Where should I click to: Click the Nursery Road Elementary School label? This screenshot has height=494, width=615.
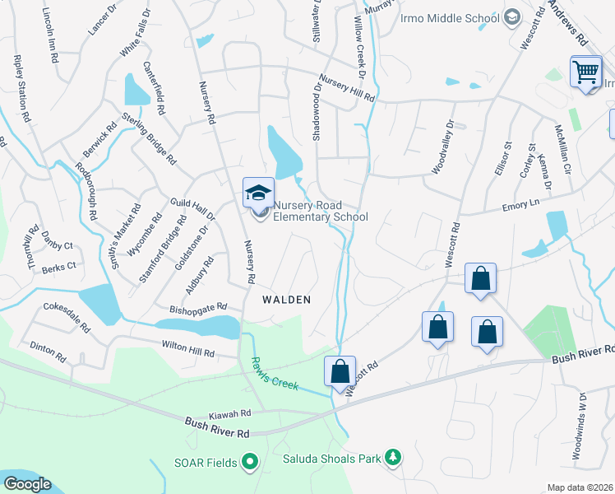coord(320,211)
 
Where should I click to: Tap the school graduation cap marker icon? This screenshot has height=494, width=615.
coord(258,193)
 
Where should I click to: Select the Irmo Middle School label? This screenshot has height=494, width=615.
coord(449,18)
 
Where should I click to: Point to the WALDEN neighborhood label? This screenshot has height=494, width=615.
coord(286,300)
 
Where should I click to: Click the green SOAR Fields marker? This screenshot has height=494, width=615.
coord(251,463)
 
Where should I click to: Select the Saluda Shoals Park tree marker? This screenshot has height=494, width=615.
coord(393,457)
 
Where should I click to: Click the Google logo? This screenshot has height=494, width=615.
coord(27,484)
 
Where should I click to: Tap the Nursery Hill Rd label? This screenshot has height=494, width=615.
coord(346,88)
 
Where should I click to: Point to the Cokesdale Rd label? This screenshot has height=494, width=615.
coord(66,317)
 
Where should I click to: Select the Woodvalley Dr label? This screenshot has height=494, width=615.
coord(442,148)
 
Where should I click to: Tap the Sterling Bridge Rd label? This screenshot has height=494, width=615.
coord(149,138)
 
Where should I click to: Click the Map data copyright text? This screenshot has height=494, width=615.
coord(580,487)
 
